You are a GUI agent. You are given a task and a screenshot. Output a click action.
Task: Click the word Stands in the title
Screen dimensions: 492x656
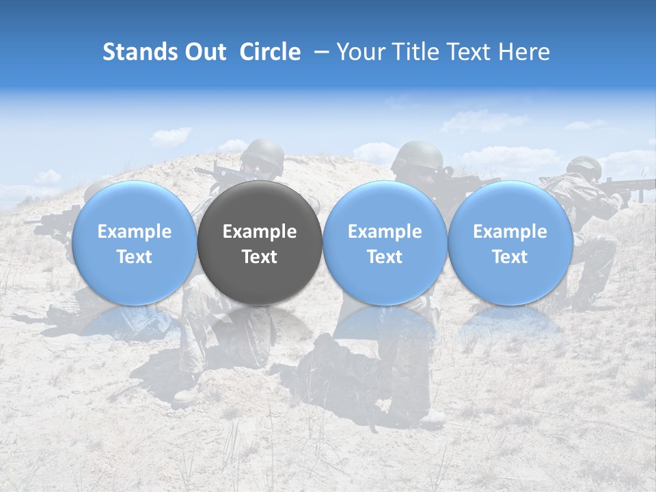tap(140, 52)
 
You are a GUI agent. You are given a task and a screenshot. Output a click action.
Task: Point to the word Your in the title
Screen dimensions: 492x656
tap(361, 52)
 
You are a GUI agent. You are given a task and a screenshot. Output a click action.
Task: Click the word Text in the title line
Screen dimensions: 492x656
tap(469, 52)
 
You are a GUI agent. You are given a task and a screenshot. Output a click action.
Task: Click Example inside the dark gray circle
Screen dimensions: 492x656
tap(260, 232)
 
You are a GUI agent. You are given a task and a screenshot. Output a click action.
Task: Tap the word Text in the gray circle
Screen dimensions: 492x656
tap(260, 257)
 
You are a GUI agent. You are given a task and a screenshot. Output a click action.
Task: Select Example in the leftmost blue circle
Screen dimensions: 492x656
tap(135, 232)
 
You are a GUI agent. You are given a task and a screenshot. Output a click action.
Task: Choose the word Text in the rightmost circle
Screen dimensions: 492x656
tap(510, 257)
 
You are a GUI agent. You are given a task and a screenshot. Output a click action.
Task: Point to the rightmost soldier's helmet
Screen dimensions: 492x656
tap(584, 166)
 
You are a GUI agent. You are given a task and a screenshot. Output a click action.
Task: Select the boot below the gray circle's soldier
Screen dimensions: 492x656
tap(186, 395)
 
